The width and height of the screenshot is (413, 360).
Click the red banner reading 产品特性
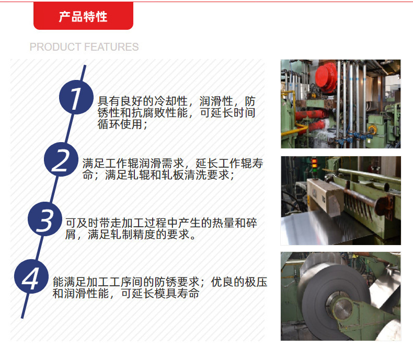coord(83,16)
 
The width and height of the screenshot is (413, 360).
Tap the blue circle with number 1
coord(76,98)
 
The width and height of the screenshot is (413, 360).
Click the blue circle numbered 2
coord(61,160)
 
